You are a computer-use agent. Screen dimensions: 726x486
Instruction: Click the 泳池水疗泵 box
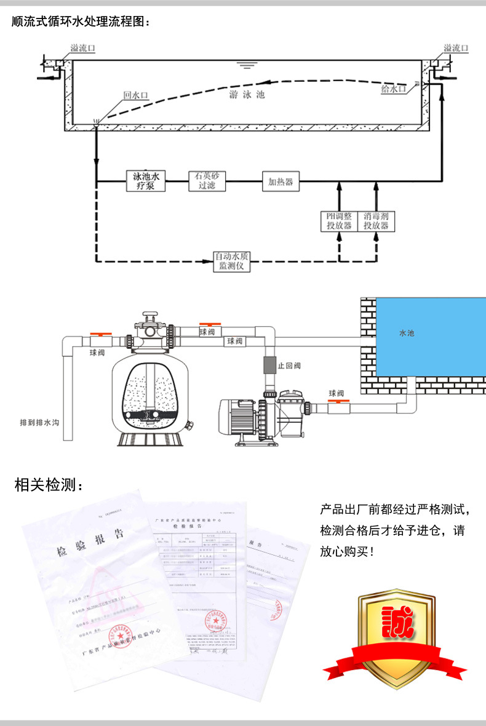click(x=146, y=181)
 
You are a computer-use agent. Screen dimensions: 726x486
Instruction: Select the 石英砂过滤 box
click(x=207, y=181)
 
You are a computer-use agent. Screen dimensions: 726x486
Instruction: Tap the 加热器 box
click(x=280, y=181)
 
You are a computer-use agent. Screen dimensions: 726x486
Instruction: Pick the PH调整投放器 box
click(x=339, y=221)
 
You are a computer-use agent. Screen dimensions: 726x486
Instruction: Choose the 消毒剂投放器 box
click(x=376, y=221)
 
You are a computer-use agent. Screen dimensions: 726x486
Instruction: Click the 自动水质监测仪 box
click(x=231, y=261)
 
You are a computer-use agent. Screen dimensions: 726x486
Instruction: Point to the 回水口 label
click(x=136, y=95)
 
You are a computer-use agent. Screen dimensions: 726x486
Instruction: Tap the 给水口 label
click(x=393, y=89)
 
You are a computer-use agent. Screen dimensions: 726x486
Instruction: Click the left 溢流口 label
click(x=82, y=48)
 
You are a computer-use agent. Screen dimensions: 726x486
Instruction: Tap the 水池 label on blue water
click(x=407, y=333)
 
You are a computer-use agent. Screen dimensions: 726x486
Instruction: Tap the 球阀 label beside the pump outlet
click(x=337, y=393)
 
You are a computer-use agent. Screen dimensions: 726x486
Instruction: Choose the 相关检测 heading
click(x=47, y=485)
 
